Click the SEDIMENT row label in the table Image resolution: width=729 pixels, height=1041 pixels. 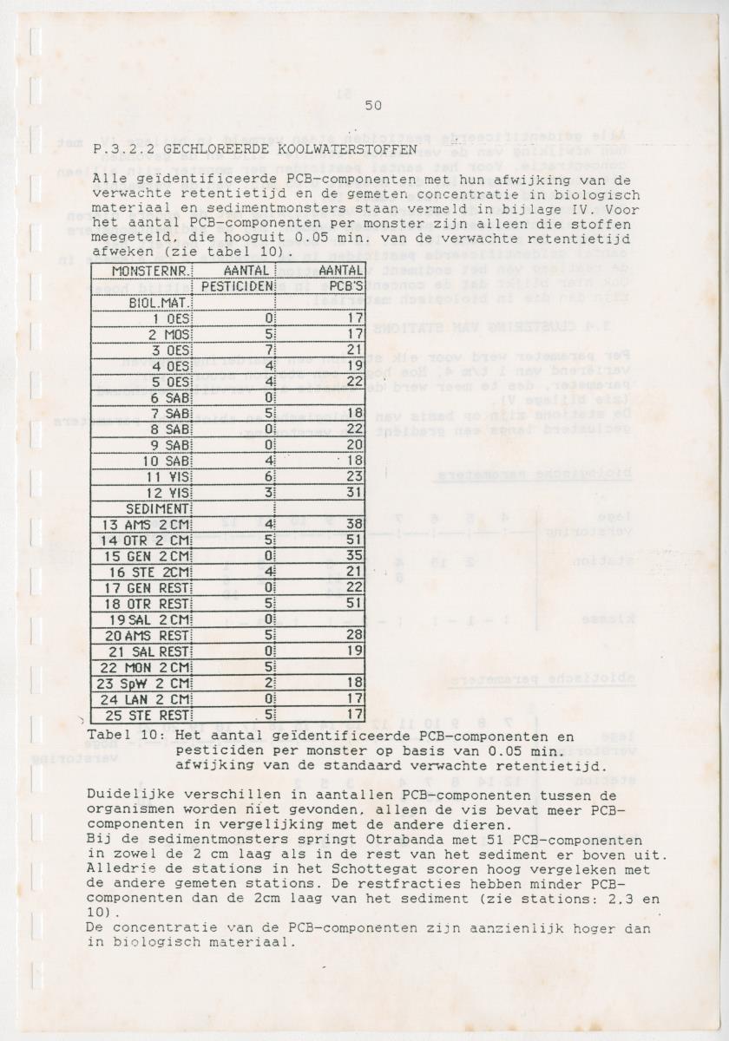(158, 508)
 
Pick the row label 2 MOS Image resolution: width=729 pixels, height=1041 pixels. (168, 334)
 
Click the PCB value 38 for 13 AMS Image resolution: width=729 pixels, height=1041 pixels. (351, 524)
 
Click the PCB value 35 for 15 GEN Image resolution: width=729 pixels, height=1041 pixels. (351, 556)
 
